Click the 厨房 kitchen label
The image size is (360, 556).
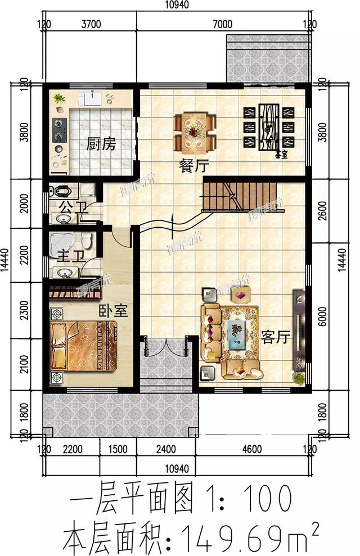(101, 144)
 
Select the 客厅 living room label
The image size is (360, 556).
(275, 337)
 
